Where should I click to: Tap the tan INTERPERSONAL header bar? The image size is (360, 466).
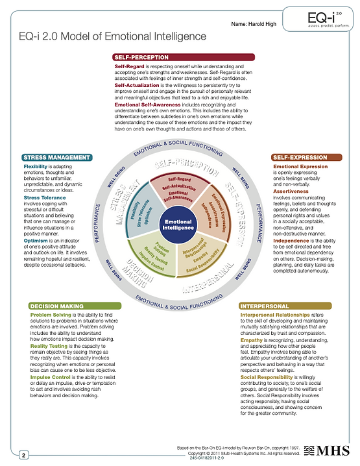tap(285, 306)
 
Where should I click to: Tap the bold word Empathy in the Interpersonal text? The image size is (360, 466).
tap(251, 339)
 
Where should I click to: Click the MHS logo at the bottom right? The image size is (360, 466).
tap(333, 450)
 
